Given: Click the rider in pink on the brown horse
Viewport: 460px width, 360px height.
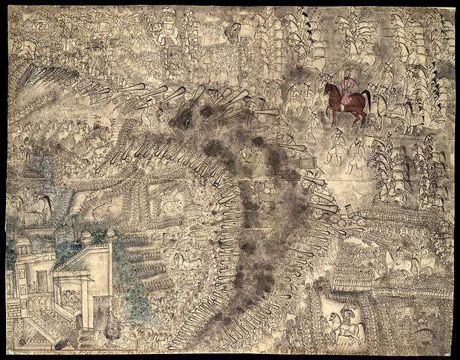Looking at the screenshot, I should (346, 92).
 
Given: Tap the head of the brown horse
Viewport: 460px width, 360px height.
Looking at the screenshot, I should (329, 90).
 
